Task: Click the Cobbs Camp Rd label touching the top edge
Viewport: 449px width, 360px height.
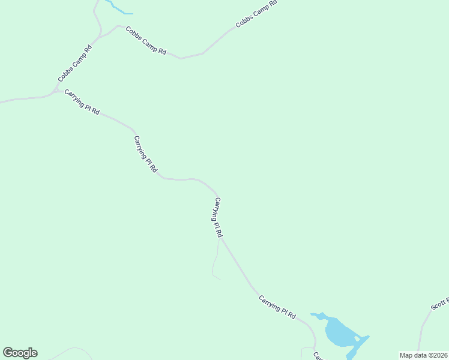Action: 256,14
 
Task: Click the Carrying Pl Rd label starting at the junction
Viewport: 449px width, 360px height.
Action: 82,103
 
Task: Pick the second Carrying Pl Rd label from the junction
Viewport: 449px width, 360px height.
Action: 145,154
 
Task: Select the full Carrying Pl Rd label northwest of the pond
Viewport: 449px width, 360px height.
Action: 277,306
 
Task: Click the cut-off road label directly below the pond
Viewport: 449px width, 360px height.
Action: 318,356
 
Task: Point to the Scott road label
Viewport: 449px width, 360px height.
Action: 439,304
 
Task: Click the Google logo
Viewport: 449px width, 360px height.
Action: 20,353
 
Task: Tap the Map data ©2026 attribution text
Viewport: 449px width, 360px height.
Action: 423,355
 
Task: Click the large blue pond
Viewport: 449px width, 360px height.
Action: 337,332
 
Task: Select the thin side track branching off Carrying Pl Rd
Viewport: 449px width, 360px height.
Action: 214,264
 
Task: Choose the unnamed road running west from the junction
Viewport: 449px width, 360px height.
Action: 24,98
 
